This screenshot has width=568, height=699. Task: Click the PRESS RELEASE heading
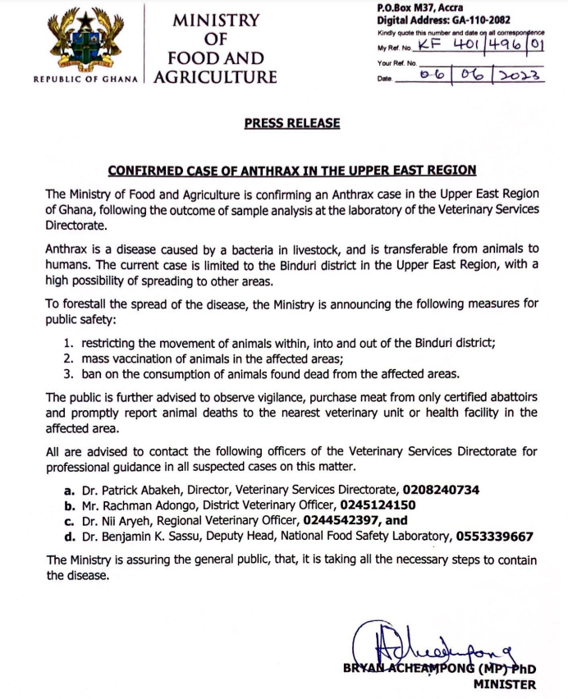[x=291, y=123]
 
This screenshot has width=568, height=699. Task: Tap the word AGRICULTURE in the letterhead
[x=216, y=78]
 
